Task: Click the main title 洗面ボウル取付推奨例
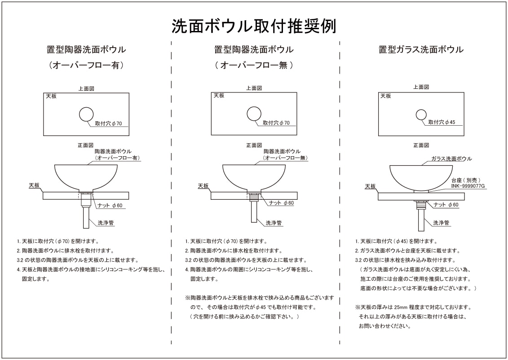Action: click(x=254, y=26)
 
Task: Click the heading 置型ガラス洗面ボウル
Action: click(x=421, y=49)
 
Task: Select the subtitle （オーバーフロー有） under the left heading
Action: click(x=86, y=65)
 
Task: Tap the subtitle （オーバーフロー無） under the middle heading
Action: click(x=254, y=65)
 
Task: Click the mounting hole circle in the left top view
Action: click(x=87, y=115)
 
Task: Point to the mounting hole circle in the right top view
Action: click(x=421, y=115)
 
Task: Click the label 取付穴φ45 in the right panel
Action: click(x=442, y=122)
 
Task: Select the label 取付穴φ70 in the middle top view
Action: click(x=276, y=123)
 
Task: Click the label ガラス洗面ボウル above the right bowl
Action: click(x=451, y=159)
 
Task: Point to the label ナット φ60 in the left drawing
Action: click(x=110, y=205)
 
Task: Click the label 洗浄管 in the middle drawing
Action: click(x=274, y=223)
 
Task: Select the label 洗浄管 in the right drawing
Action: click(x=442, y=223)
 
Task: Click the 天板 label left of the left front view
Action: click(x=35, y=185)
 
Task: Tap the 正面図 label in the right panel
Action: click(x=421, y=145)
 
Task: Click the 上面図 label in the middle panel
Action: click(x=254, y=88)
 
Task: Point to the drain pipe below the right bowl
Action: click(x=421, y=220)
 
